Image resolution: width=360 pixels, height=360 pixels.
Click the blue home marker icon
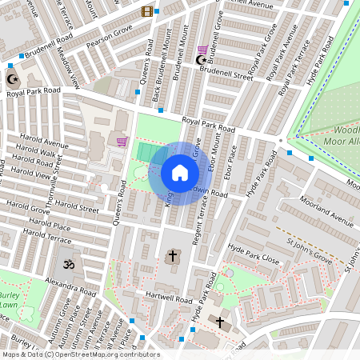(180, 173)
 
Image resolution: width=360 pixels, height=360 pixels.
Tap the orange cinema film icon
(146, 11)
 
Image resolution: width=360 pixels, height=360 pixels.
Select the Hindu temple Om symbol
(66, 263)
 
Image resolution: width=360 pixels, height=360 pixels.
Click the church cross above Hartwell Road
(172, 256)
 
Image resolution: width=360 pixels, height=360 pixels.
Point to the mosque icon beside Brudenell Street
(202, 59)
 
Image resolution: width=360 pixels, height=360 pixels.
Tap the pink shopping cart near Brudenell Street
(203, 49)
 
